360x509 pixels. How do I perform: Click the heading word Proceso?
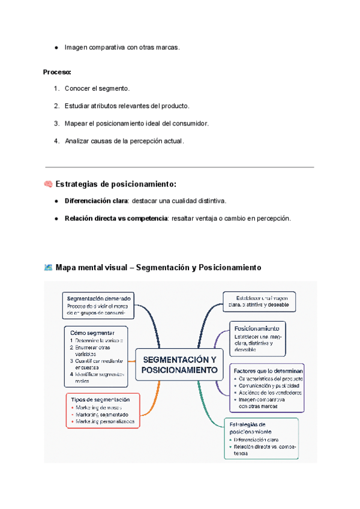[x=57, y=72]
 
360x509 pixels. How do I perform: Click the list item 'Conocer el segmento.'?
[x=97, y=89]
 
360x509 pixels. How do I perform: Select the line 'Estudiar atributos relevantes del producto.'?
[x=127, y=106]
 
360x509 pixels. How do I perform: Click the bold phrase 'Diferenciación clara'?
[x=96, y=200]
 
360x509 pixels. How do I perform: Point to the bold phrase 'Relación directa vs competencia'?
[x=116, y=218]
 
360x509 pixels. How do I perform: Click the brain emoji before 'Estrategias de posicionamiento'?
[x=48, y=184]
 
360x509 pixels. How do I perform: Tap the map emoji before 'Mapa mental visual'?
[x=48, y=268]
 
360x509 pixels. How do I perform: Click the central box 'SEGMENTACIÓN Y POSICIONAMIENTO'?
[x=178, y=364]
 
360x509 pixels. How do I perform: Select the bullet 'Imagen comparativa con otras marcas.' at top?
[x=121, y=47]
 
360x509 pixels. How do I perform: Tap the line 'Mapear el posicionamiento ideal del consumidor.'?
[x=136, y=124]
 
